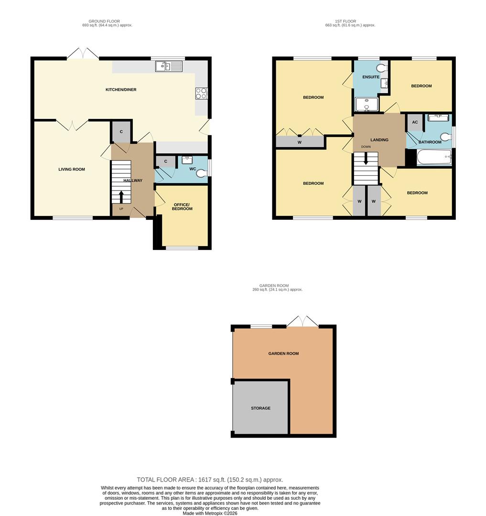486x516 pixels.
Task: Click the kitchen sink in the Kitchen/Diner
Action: [x=169, y=66]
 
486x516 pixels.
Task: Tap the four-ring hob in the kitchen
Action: [x=201, y=94]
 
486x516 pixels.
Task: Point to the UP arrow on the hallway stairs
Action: [x=121, y=196]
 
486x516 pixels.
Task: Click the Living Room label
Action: [x=72, y=169]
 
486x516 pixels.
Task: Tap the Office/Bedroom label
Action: [x=183, y=206]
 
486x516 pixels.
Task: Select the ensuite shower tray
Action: [x=366, y=104]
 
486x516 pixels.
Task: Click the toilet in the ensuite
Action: [x=382, y=68]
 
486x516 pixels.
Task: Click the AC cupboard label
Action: [x=415, y=122]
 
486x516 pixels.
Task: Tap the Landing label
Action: [x=379, y=140]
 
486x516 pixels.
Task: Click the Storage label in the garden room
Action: [x=261, y=408]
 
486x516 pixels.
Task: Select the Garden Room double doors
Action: [x=302, y=321]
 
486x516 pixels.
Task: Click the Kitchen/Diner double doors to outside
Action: [x=83, y=54]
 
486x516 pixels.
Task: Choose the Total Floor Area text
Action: [x=210, y=480]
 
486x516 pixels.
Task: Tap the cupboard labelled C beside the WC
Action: [x=166, y=161]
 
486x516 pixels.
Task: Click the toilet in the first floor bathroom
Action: [x=445, y=137]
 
